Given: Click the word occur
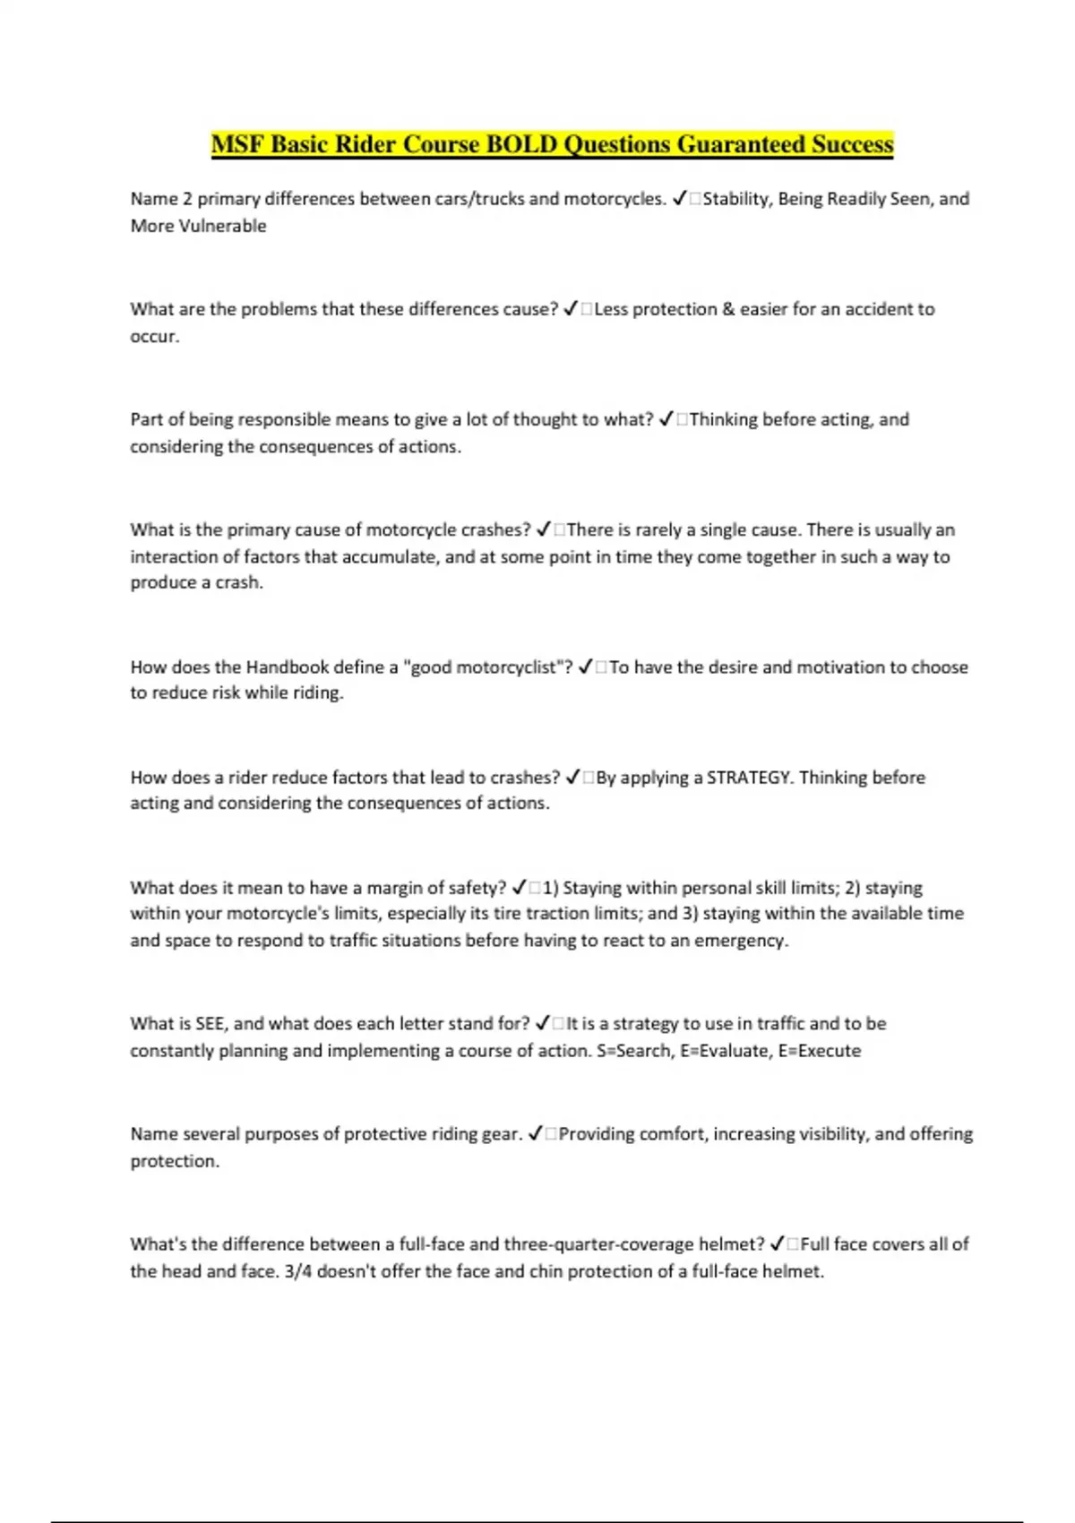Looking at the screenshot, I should [x=154, y=337].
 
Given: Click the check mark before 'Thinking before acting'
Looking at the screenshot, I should [x=666, y=419].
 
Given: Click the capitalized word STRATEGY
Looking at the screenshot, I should [x=750, y=778].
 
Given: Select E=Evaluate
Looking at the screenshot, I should [x=725, y=1051].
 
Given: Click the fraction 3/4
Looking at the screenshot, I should [x=297, y=1271].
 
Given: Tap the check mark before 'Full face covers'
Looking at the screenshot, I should [x=778, y=1244].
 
